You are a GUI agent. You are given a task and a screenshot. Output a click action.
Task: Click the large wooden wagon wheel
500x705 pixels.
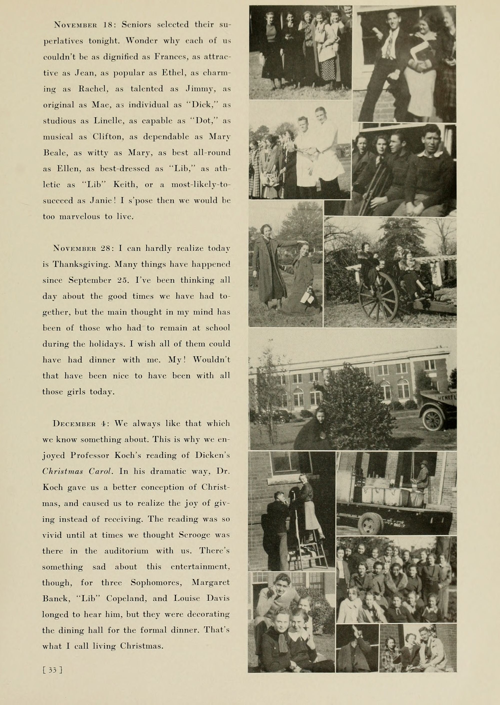(379, 297)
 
